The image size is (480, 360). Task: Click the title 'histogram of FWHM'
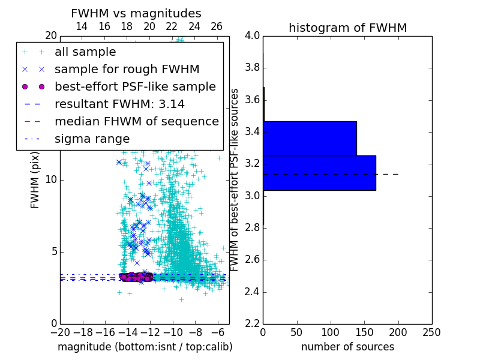pyautogui.click(x=347, y=28)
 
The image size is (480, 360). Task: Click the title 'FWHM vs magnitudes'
pyautogui.click(x=136, y=14)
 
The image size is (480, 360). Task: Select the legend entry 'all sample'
pyautogui.click(x=85, y=52)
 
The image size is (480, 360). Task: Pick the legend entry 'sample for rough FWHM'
pyautogui.click(x=127, y=70)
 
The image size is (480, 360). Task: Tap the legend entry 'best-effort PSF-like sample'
pyautogui.click(x=135, y=86)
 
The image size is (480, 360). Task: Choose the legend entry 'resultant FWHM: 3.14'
pyautogui.click(x=119, y=104)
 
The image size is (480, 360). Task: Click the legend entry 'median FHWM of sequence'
pyautogui.click(x=136, y=121)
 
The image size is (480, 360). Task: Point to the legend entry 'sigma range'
pyautogui.click(x=92, y=139)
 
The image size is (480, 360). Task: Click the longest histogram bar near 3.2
pyautogui.click(x=319, y=173)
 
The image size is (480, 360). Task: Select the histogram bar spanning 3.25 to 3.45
pyautogui.click(x=310, y=139)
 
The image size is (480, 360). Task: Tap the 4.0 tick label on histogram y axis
pyautogui.click(x=253, y=35)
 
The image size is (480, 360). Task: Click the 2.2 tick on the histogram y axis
pyautogui.click(x=253, y=323)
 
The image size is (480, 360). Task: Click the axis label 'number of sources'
pyautogui.click(x=347, y=347)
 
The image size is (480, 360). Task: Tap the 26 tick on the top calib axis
pyautogui.click(x=217, y=27)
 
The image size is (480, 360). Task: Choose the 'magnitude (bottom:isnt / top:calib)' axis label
pyautogui.click(x=145, y=347)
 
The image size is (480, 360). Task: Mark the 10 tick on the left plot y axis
pyautogui.click(x=50, y=179)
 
